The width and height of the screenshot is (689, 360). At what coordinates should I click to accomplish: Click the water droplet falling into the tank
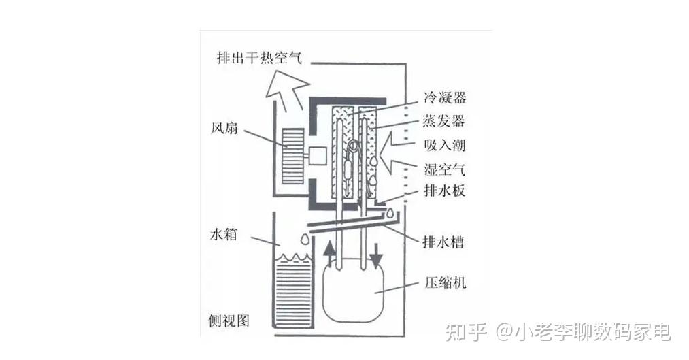click(303, 239)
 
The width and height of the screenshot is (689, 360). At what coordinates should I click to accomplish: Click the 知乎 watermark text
click(465, 333)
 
